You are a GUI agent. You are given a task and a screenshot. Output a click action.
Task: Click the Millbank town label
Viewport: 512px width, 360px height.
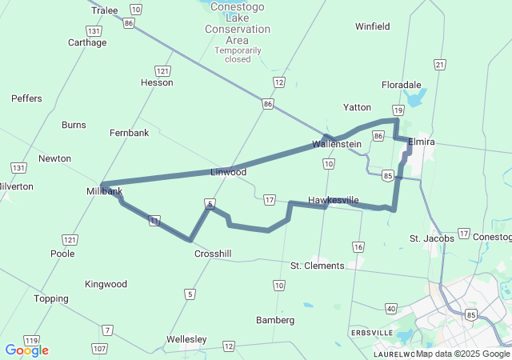[105, 192]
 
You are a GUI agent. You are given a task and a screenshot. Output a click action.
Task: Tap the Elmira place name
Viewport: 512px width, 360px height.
[421, 142]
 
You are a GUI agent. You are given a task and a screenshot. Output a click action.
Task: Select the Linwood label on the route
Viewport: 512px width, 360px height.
[228, 172]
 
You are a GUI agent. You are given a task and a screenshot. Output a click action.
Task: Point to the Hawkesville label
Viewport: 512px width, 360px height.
[333, 199]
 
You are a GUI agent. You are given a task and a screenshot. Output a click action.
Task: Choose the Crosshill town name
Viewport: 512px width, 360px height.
[213, 254]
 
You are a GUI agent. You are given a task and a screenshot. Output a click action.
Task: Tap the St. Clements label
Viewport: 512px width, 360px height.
[317, 266]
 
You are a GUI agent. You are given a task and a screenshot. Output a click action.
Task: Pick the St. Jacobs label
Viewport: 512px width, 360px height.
[432, 238]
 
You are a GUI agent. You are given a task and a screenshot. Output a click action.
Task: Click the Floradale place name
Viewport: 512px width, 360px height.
[401, 84]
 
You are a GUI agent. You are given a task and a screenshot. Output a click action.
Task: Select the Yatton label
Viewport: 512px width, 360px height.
[357, 107]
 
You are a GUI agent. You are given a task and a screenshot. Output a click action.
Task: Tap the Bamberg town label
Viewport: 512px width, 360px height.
[275, 320]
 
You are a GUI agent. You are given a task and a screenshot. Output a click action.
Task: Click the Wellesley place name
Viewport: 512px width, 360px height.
[186, 339]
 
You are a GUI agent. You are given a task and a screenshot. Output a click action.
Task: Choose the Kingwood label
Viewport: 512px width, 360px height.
[106, 284]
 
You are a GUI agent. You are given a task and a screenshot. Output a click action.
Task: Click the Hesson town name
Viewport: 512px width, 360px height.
[156, 82]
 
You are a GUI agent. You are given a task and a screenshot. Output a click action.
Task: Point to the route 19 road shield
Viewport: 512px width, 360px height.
[398, 110]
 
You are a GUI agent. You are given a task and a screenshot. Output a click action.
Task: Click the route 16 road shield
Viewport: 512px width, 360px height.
[358, 246]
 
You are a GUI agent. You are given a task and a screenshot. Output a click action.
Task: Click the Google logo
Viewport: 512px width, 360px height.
[26, 350]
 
